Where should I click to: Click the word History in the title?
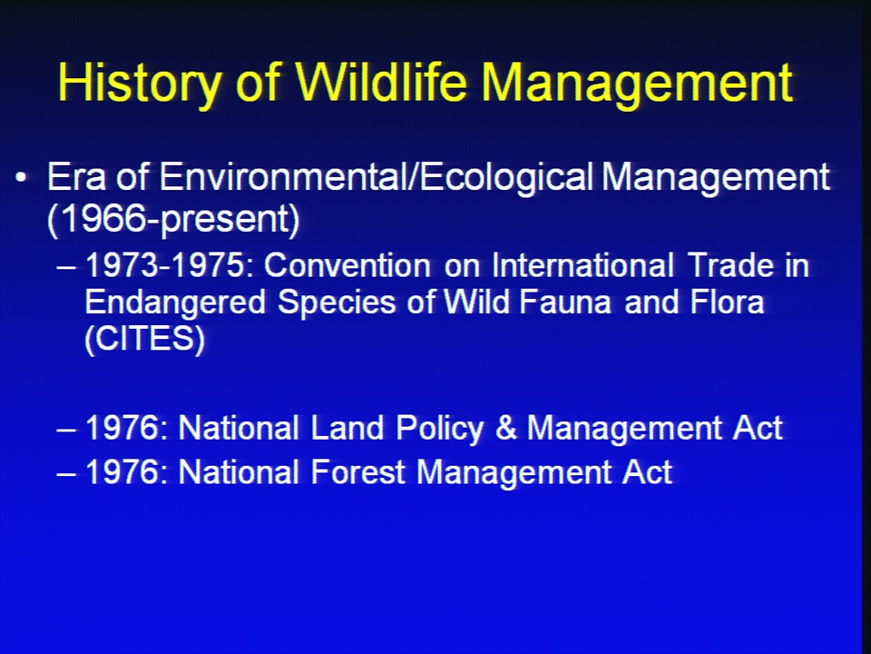pos(140,83)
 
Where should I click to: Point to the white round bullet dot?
pos(21,178)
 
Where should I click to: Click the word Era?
pos(78,177)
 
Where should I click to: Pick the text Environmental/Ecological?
pos(377,178)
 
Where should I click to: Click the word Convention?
pos(347,265)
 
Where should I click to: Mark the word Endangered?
pos(175,302)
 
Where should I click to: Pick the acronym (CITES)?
pos(145,339)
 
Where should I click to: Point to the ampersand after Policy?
pos(505,429)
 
